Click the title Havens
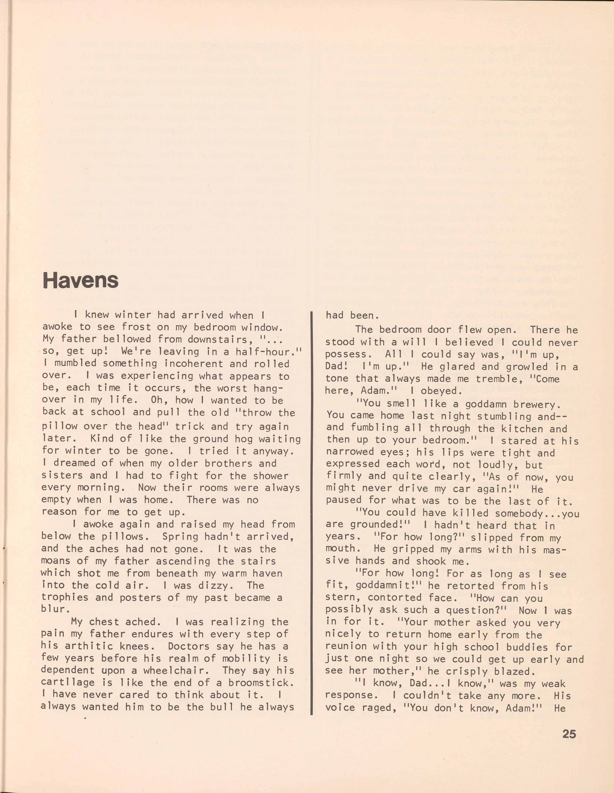coord(81,280)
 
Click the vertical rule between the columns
coord(311,566)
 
